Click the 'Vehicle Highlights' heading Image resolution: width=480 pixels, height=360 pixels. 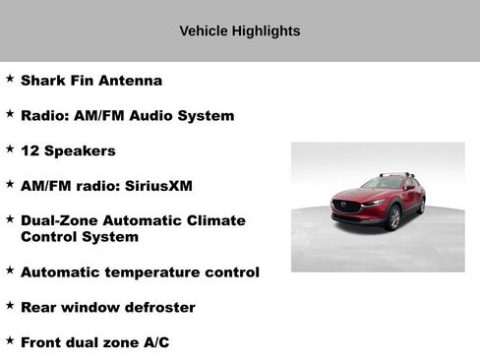(x=239, y=31)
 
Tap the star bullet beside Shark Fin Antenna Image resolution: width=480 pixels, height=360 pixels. (x=10, y=78)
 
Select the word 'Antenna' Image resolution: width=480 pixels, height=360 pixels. (x=132, y=81)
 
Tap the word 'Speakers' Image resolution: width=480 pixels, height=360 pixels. (x=80, y=151)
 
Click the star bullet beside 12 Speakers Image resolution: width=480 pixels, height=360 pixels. (x=10, y=149)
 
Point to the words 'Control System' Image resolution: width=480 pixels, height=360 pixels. (x=80, y=237)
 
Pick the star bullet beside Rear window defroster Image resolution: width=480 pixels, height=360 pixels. (x=10, y=305)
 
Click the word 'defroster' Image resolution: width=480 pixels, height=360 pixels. (x=159, y=308)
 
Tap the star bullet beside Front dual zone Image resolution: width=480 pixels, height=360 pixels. (x=10, y=339)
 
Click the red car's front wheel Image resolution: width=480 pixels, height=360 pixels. (x=394, y=217)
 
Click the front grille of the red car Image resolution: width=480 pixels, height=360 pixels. (x=347, y=208)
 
